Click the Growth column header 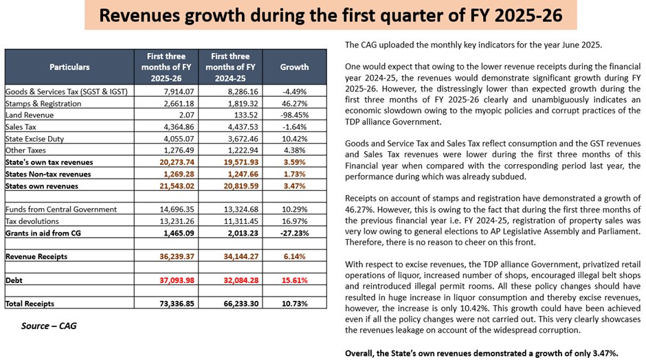click(294, 67)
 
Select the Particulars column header click(69, 67)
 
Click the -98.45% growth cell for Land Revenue click(294, 115)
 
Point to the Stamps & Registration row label click(43, 103)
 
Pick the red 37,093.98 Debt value click(177, 280)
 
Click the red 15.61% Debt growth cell click(294, 280)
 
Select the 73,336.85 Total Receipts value click(177, 304)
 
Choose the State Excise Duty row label click(34, 139)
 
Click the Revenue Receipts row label click(36, 256)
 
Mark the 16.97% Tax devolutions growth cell click(294, 221)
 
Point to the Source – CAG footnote click(49, 326)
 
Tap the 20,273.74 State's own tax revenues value click(177, 162)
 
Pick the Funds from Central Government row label click(61, 210)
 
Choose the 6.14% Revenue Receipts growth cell click(294, 256)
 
